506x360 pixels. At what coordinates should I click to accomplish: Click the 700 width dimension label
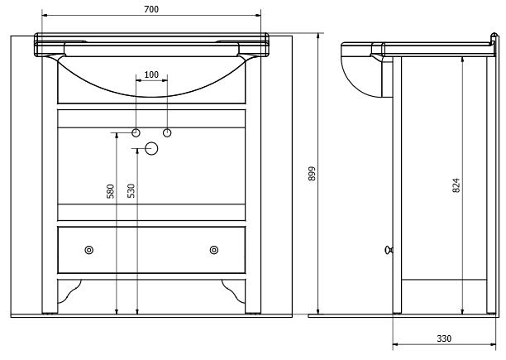pos(151,9)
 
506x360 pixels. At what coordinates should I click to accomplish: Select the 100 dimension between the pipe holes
pos(151,74)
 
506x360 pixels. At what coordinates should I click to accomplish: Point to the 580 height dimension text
pos(110,191)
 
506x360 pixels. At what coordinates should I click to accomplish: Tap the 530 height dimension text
pos(131,191)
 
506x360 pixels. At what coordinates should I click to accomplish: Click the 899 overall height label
pos(312,174)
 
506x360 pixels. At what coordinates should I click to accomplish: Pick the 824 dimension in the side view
pos(456,185)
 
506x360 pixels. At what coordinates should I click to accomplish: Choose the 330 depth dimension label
pos(444,338)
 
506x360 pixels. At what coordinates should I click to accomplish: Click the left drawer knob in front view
pos(89,250)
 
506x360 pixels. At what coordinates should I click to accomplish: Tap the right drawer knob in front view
pos(213,250)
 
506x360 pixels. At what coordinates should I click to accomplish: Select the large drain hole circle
pos(151,148)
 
